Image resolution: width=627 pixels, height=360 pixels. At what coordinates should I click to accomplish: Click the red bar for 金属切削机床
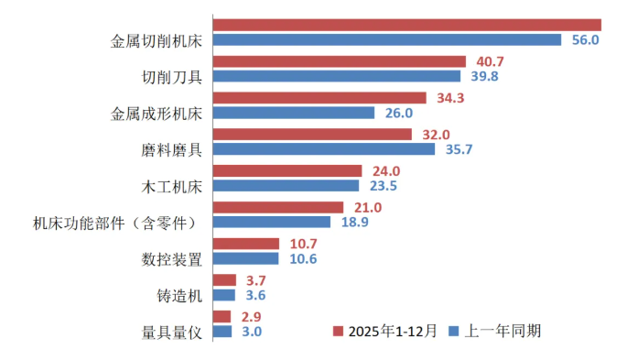click(406, 25)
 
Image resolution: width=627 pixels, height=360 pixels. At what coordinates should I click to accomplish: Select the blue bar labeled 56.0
click(386, 40)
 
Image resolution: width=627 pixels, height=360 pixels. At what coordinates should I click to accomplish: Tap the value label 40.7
click(486, 61)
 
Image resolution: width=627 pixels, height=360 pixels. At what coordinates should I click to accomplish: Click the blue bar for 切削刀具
click(338, 77)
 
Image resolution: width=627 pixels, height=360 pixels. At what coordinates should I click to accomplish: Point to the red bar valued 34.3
click(319, 97)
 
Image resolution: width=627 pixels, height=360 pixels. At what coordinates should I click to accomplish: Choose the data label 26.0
click(399, 113)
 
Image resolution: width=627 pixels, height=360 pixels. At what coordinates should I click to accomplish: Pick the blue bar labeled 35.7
click(324, 149)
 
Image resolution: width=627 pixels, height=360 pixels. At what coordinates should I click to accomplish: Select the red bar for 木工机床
click(286, 170)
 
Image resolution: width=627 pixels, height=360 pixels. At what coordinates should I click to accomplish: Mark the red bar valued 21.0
click(277, 207)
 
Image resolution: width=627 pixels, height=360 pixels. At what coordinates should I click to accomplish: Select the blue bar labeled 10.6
click(245, 258)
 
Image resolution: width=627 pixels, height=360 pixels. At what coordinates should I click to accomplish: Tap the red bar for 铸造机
click(224, 279)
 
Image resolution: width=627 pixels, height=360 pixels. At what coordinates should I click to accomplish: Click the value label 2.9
click(251, 315)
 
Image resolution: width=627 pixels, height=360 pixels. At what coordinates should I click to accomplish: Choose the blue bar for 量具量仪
click(222, 331)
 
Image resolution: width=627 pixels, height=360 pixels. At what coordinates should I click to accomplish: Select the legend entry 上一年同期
click(493, 330)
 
